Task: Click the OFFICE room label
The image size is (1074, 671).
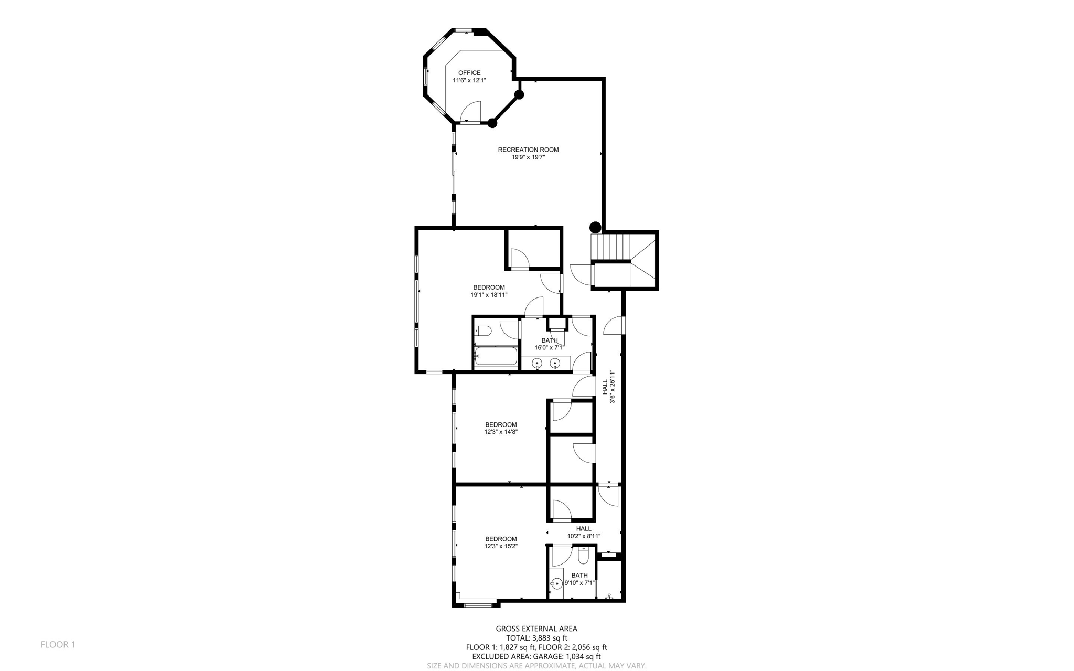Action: pos(469,73)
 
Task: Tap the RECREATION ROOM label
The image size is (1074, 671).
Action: pos(528,150)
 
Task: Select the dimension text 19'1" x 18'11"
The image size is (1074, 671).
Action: pos(489,295)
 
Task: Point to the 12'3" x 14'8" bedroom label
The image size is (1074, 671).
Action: pos(501,428)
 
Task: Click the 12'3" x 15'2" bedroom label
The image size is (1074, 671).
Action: pos(501,542)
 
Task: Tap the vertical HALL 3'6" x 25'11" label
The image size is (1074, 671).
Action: pos(608,387)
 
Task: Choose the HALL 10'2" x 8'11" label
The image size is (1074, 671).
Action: pos(583,532)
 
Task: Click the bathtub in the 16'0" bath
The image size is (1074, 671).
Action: pos(496,356)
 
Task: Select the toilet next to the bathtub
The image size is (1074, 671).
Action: pos(483,331)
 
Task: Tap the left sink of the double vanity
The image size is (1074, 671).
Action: pos(537,363)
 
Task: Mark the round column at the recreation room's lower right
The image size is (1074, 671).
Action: pos(595,228)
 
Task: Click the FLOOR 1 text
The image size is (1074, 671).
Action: pos(58,644)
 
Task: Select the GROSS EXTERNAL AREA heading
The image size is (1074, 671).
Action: pos(536,629)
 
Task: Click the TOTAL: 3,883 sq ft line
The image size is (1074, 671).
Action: pos(536,638)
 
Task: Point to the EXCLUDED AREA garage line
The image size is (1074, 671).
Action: pos(536,656)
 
